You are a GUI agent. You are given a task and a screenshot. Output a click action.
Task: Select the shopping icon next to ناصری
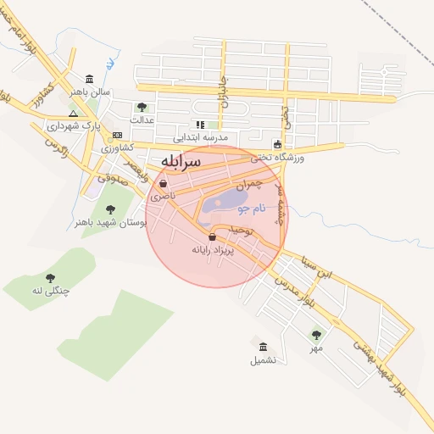tap(162, 183)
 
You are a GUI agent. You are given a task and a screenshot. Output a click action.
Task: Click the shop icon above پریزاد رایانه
tap(212, 237)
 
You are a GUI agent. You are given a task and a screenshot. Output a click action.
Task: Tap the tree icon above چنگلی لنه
tap(50, 278)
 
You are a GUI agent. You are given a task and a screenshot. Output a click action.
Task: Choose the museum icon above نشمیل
tap(263, 348)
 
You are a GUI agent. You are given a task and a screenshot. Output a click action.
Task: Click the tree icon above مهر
tap(316, 335)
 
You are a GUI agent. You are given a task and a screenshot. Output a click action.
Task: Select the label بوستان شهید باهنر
tap(111, 222)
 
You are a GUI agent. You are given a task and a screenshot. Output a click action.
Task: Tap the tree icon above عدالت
tap(142, 107)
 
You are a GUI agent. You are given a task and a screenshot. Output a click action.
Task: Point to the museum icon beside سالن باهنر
tap(89, 78)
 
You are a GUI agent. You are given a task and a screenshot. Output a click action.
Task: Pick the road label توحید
tap(241, 230)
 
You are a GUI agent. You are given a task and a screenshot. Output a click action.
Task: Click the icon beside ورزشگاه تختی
tap(277, 144)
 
